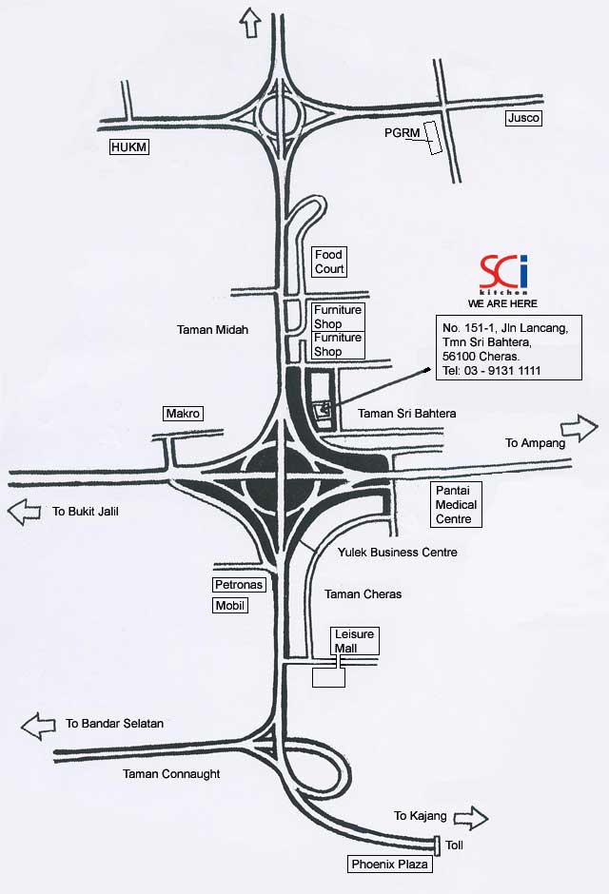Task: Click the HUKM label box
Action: pos(130,146)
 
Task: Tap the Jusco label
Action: pos(522,118)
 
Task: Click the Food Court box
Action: pos(329,262)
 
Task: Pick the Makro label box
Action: pos(184,414)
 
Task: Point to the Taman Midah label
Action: pos(212,330)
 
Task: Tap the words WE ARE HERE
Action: pos(502,303)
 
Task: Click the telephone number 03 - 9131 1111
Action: pos(506,370)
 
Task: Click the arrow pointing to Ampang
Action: pos(579,424)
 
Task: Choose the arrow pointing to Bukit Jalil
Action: pos(26,512)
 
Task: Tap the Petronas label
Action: pos(238,584)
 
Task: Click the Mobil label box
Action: pos(229,605)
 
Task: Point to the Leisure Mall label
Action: pos(354,640)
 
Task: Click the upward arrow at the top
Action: pos(252,21)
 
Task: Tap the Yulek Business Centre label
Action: pos(397,553)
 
